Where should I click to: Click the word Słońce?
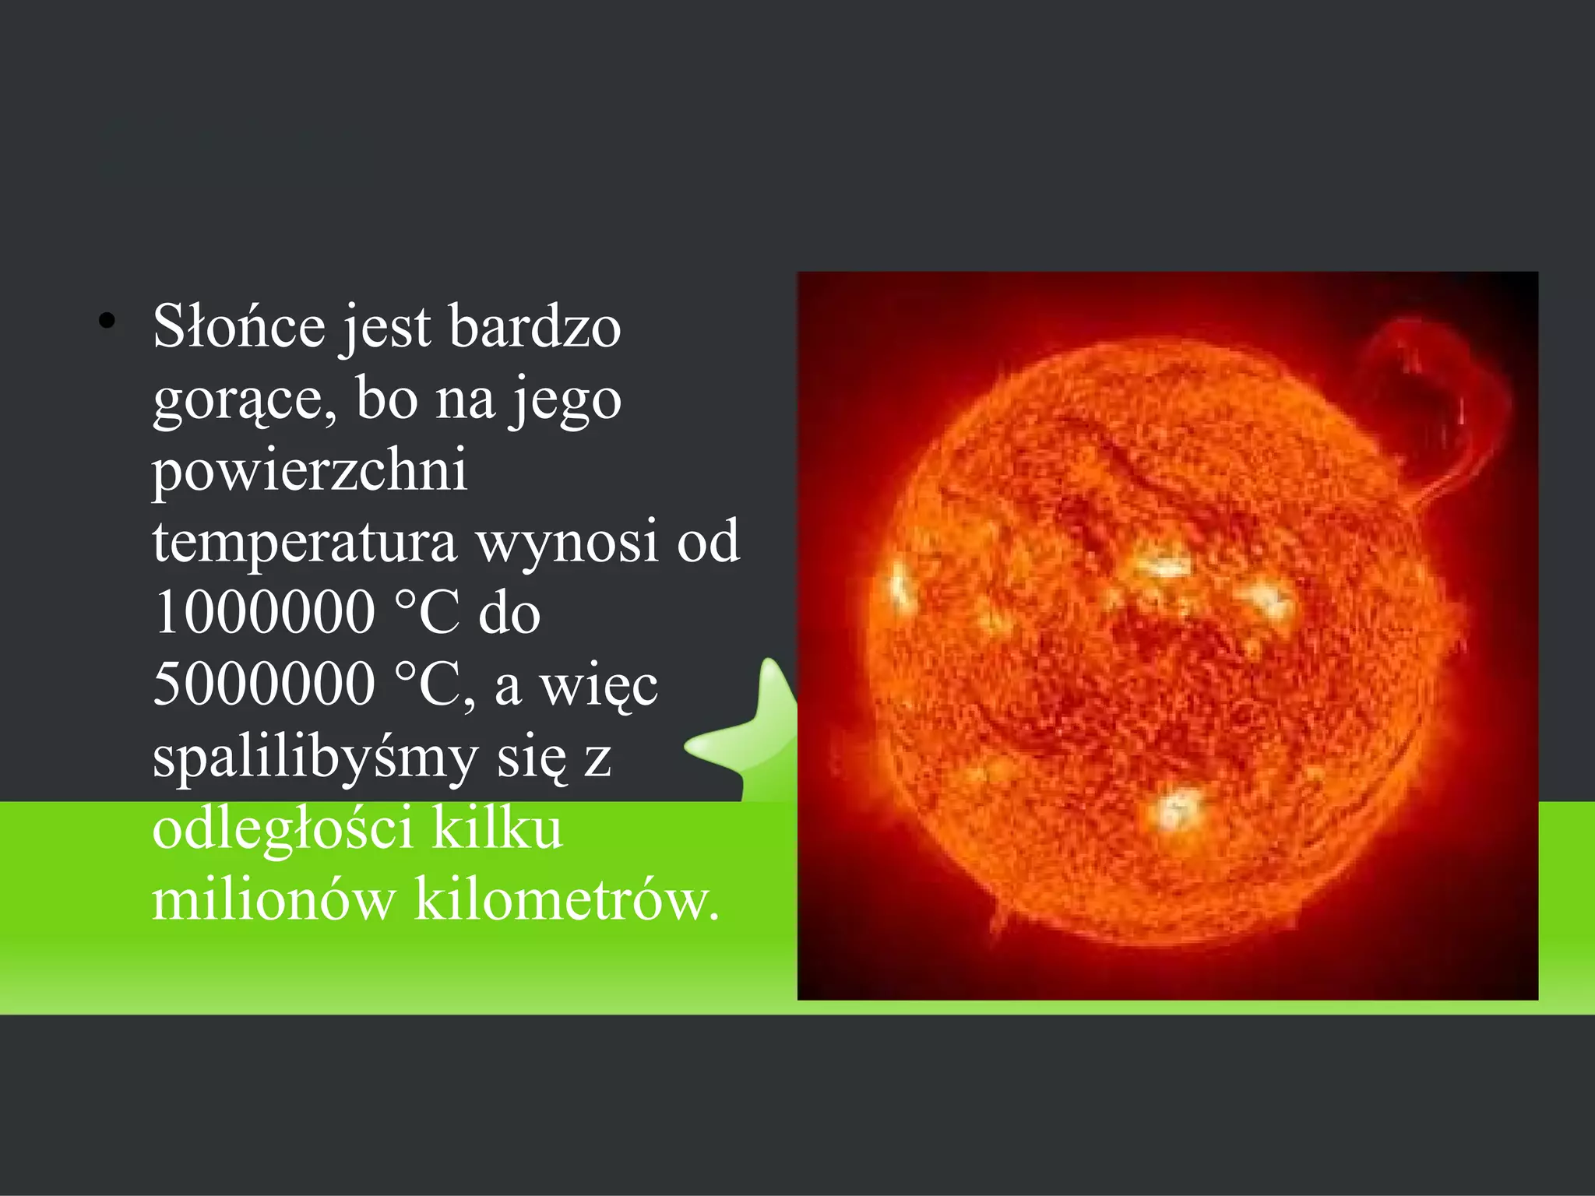click(238, 327)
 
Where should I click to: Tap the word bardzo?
click(535, 327)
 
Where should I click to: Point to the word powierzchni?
click(310, 471)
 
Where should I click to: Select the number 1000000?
click(265, 612)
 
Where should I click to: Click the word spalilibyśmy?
click(315, 758)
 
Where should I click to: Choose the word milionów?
click(273, 900)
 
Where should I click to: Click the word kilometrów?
click(566, 900)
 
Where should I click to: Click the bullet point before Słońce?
click(107, 321)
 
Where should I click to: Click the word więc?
click(599, 685)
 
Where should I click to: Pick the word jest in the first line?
click(386, 327)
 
